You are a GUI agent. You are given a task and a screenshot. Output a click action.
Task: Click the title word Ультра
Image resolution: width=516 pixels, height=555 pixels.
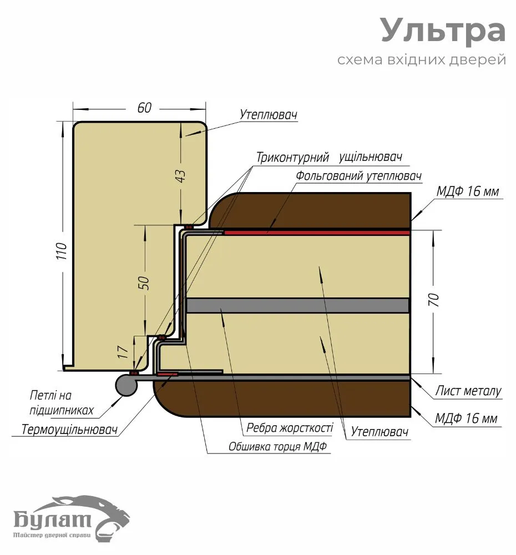point(443,31)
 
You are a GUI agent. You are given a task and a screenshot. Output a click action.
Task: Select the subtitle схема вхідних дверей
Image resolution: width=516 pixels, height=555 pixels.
point(422,59)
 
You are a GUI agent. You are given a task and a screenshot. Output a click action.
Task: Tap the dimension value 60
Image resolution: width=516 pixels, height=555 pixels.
point(144,108)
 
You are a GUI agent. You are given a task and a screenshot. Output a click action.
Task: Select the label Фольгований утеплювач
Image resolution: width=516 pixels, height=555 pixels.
point(358,176)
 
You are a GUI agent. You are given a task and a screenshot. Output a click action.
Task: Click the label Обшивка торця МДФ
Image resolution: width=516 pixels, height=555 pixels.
point(279,447)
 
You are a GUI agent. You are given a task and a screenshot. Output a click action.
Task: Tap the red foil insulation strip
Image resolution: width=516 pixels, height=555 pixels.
point(316,233)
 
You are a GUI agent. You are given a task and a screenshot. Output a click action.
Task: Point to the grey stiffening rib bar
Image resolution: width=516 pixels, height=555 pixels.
point(297,305)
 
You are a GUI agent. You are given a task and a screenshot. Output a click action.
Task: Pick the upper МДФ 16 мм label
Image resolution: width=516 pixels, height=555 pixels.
point(467,192)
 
